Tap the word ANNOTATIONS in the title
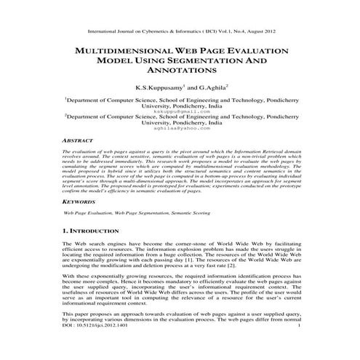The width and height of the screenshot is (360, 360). (x=180, y=73)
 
